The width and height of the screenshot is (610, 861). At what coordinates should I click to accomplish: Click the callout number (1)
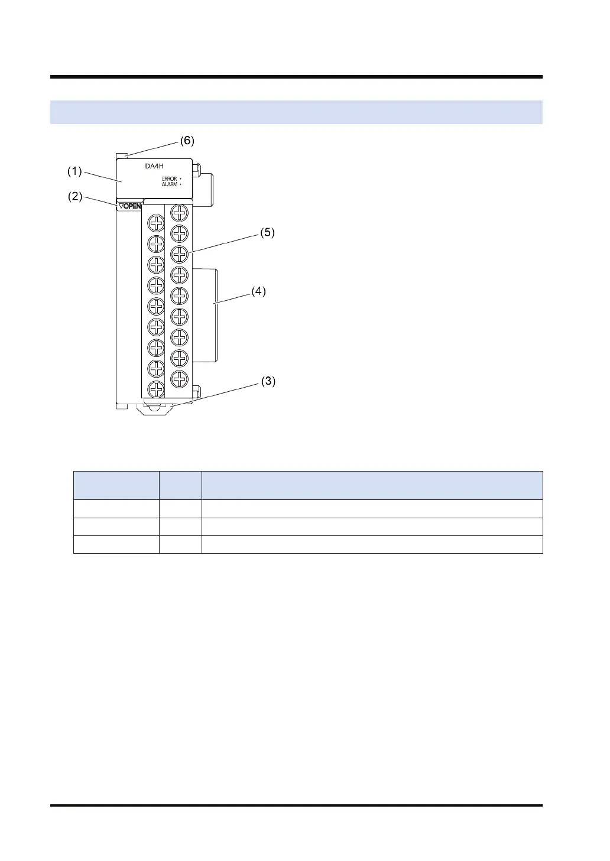tap(74, 171)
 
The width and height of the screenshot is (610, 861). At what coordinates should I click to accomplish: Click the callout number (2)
tap(74, 197)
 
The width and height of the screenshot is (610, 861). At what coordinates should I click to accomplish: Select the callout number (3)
tap(268, 381)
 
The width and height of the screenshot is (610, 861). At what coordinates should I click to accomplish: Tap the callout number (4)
tap(258, 291)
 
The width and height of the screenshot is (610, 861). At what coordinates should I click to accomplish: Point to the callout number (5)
tap(268, 232)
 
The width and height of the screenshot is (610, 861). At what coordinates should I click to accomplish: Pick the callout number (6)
tap(187, 141)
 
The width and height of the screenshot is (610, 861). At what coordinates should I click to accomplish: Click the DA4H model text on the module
tap(154, 166)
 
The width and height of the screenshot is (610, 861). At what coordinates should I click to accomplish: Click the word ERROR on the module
tap(169, 178)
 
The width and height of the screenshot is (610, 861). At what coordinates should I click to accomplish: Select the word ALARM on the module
tap(169, 184)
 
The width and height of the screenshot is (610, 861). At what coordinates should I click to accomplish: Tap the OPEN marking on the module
tap(130, 206)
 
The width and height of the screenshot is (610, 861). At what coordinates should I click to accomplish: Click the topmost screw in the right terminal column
tap(179, 213)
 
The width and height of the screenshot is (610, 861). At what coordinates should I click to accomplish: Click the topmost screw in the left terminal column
tap(156, 223)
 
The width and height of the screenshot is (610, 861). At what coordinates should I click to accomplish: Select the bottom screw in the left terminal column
tap(156, 389)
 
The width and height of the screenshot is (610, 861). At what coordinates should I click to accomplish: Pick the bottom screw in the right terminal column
tap(179, 378)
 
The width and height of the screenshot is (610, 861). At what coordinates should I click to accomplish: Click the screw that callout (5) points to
tap(179, 254)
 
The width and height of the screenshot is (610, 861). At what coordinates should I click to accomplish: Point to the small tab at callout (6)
tap(122, 155)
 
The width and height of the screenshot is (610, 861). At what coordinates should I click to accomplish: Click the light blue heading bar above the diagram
tap(296, 112)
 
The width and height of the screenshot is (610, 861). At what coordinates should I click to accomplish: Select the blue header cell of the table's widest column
tap(372, 485)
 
